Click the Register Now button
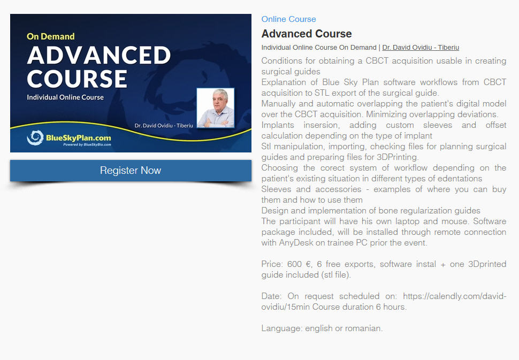(x=131, y=171)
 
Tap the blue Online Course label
(x=288, y=19)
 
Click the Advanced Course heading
(x=307, y=34)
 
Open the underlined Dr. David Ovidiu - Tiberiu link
(x=421, y=47)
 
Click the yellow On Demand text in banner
(x=51, y=36)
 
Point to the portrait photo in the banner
(x=216, y=108)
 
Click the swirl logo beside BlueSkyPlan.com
(x=35, y=137)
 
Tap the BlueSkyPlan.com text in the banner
(x=79, y=137)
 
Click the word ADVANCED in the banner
(x=98, y=55)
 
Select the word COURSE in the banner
(x=77, y=79)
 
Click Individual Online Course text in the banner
(x=65, y=97)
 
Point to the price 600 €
(x=300, y=264)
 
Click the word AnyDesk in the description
(x=296, y=242)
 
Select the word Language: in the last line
(x=281, y=328)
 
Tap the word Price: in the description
(x=272, y=264)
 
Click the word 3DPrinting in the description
(x=398, y=157)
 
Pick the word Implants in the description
(x=277, y=125)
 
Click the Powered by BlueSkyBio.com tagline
(x=87, y=144)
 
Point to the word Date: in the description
(x=271, y=296)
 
